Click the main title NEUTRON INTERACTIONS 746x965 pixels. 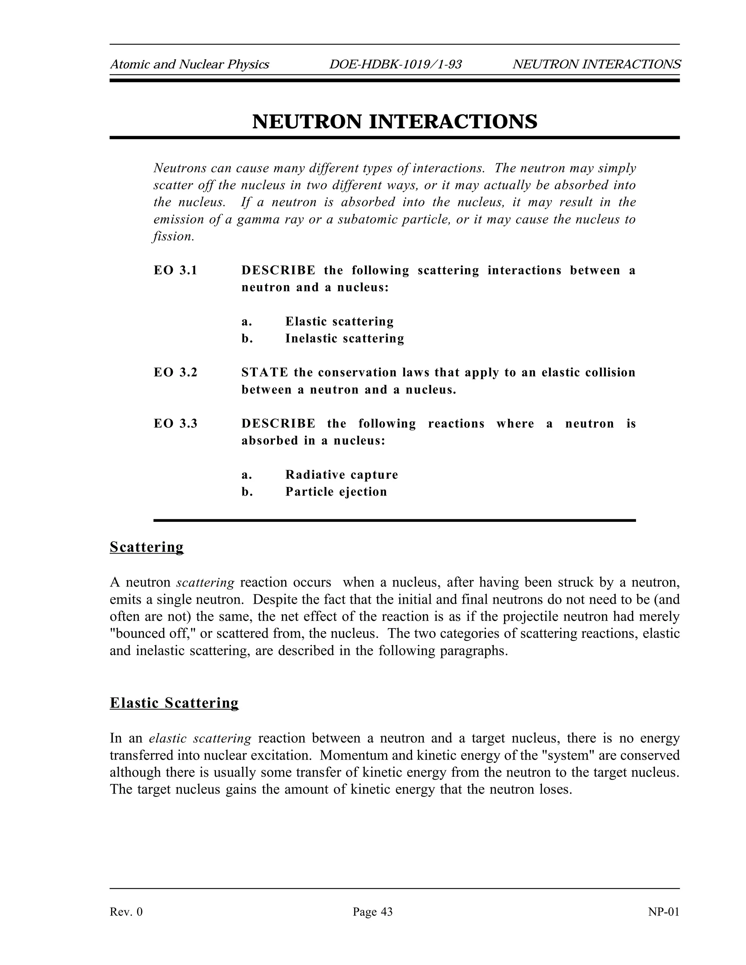394,122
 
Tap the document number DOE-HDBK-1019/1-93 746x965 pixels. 395,64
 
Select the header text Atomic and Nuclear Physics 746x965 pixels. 189,64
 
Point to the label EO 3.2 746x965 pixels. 175,373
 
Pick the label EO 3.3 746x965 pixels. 175,424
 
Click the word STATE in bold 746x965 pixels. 264,373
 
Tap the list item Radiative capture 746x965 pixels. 341,474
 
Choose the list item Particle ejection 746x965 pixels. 336,492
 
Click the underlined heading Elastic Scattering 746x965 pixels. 174,702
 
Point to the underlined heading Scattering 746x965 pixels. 146,547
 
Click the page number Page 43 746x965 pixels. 373,911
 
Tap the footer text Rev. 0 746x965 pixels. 126,911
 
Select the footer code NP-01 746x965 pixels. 663,911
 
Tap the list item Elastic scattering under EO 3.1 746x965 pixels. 339,321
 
